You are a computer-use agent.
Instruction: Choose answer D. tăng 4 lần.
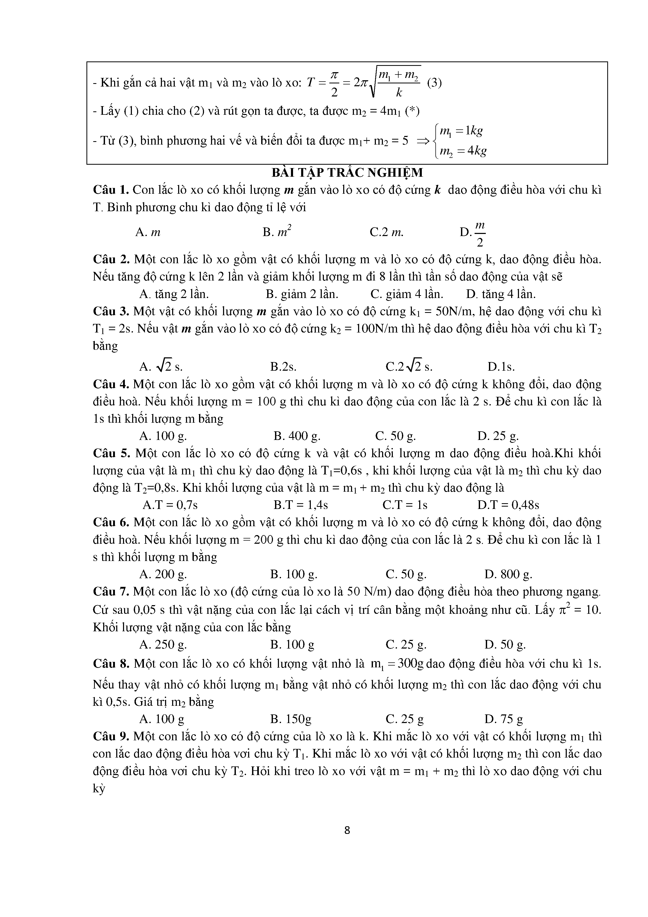pyautogui.click(x=500, y=294)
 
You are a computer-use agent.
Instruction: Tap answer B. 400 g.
pyautogui.click(x=297, y=436)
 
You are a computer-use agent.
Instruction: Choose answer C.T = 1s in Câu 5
pyautogui.click(x=405, y=505)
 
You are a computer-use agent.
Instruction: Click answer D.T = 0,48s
pyautogui.click(x=508, y=505)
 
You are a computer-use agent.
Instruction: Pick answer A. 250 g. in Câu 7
pyautogui.click(x=163, y=644)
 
